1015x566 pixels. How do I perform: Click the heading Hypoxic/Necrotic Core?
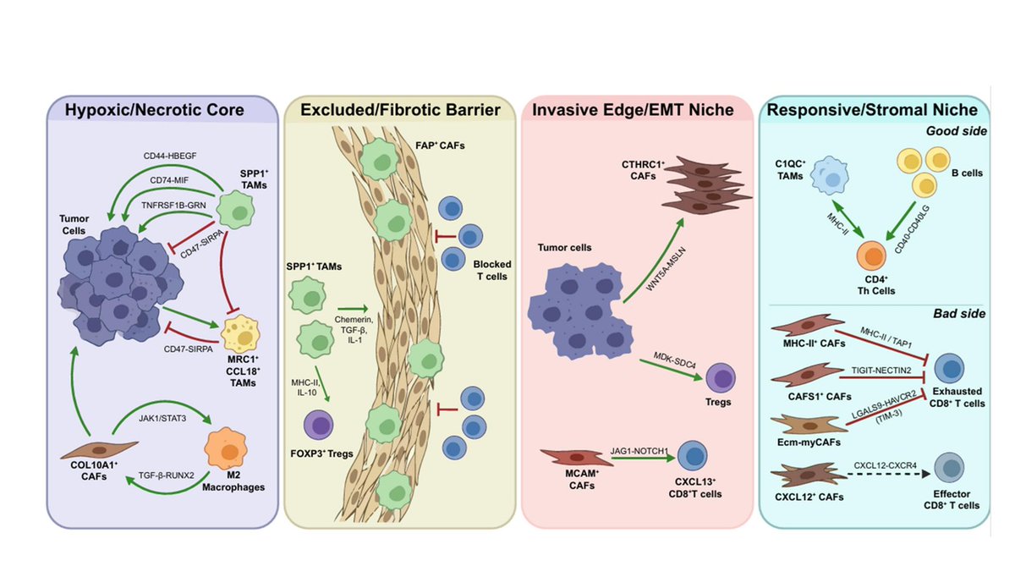[162, 110]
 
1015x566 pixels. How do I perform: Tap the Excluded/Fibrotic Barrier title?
[399, 110]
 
